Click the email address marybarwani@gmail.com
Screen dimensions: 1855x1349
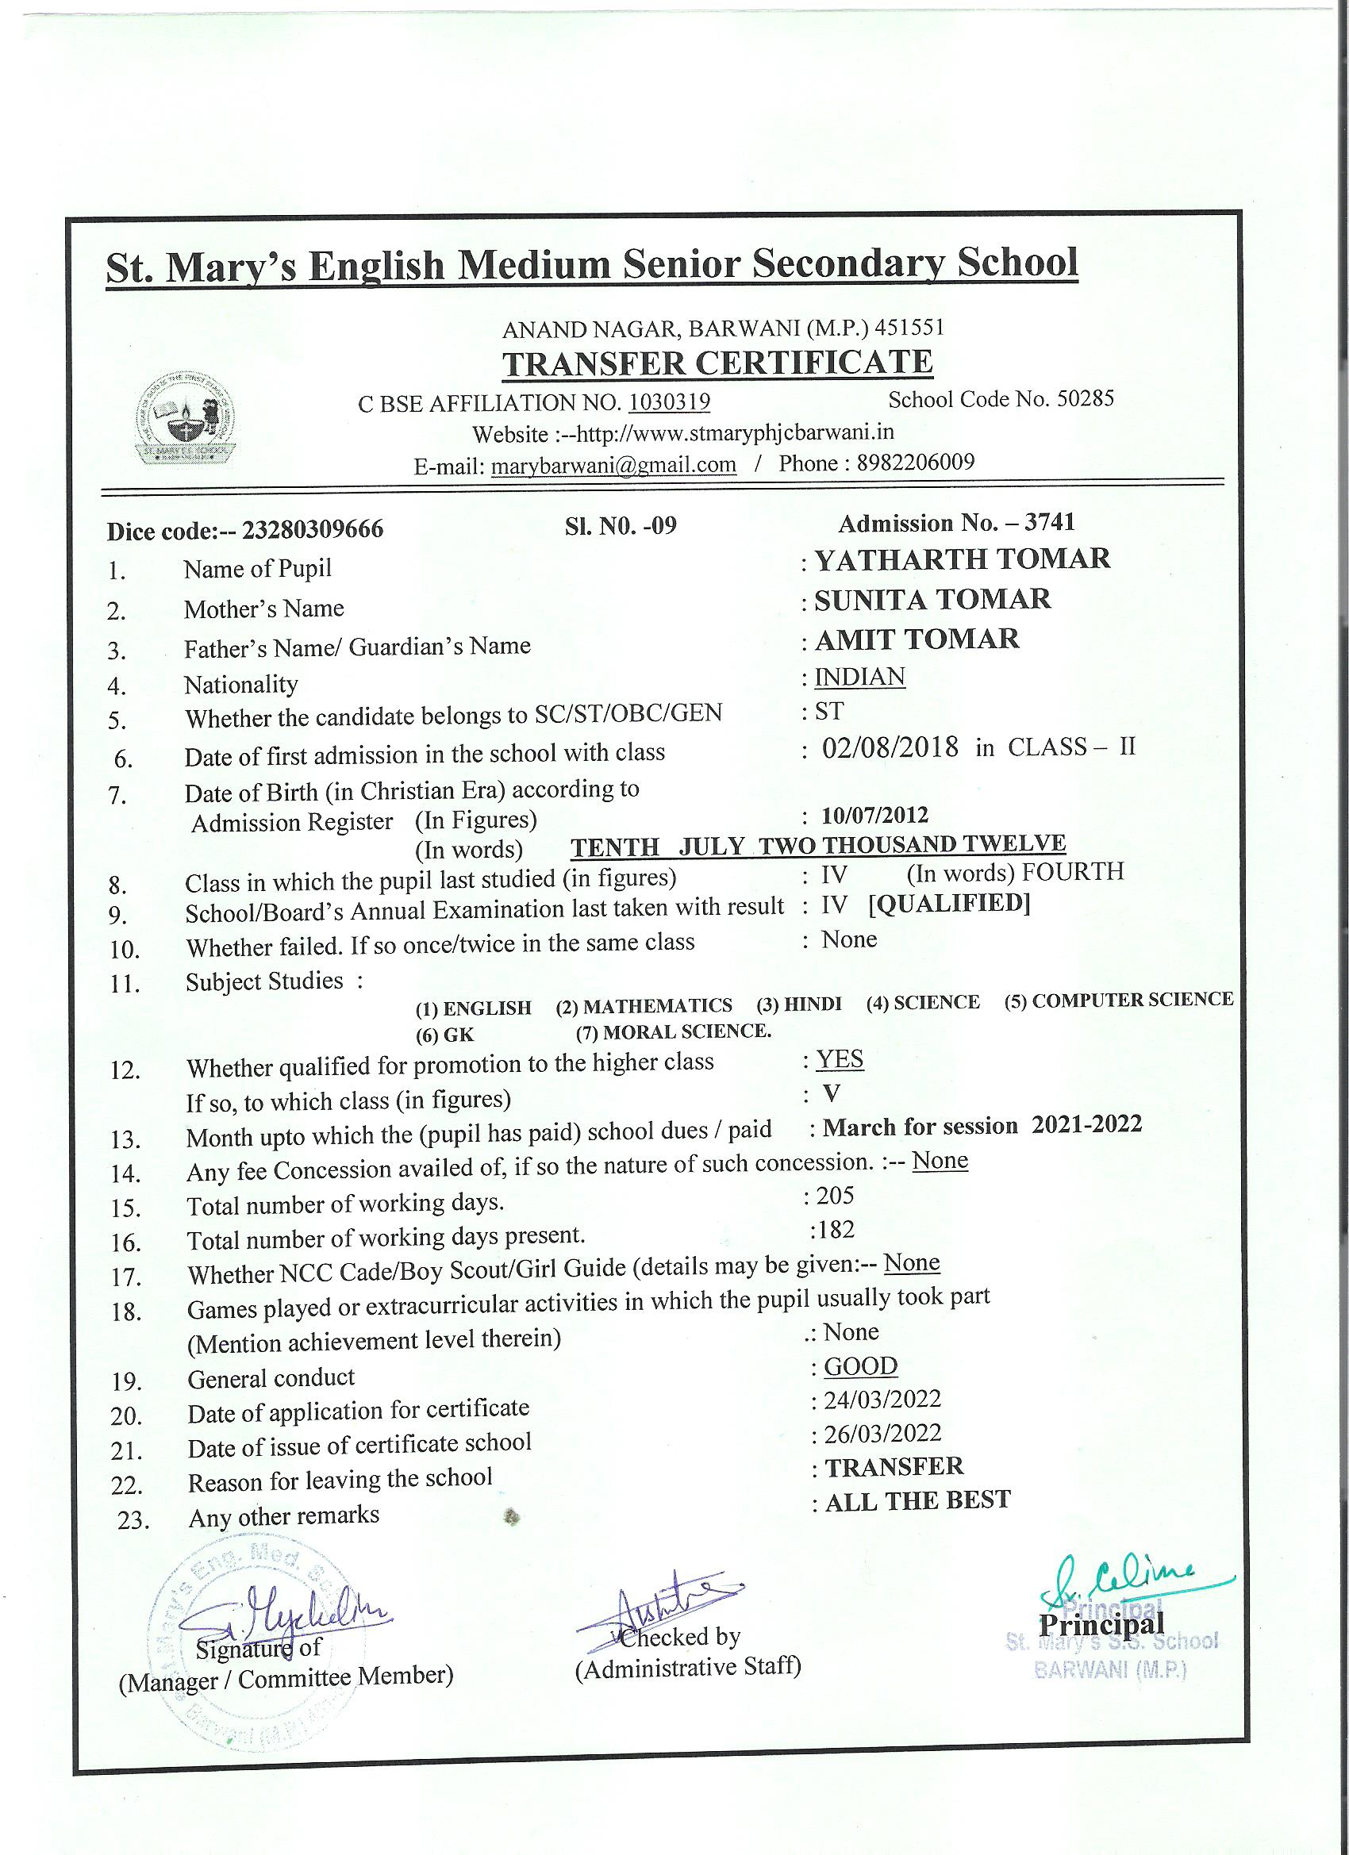click(x=613, y=465)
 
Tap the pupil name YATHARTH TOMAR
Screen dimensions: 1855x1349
click(x=962, y=559)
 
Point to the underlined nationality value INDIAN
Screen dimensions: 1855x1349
click(x=860, y=677)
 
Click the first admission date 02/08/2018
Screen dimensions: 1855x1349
click(x=890, y=747)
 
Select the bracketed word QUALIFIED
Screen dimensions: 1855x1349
click(x=949, y=903)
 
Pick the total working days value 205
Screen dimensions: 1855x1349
click(x=835, y=1196)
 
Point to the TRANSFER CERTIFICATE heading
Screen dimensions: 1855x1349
click(x=717, y=363)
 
